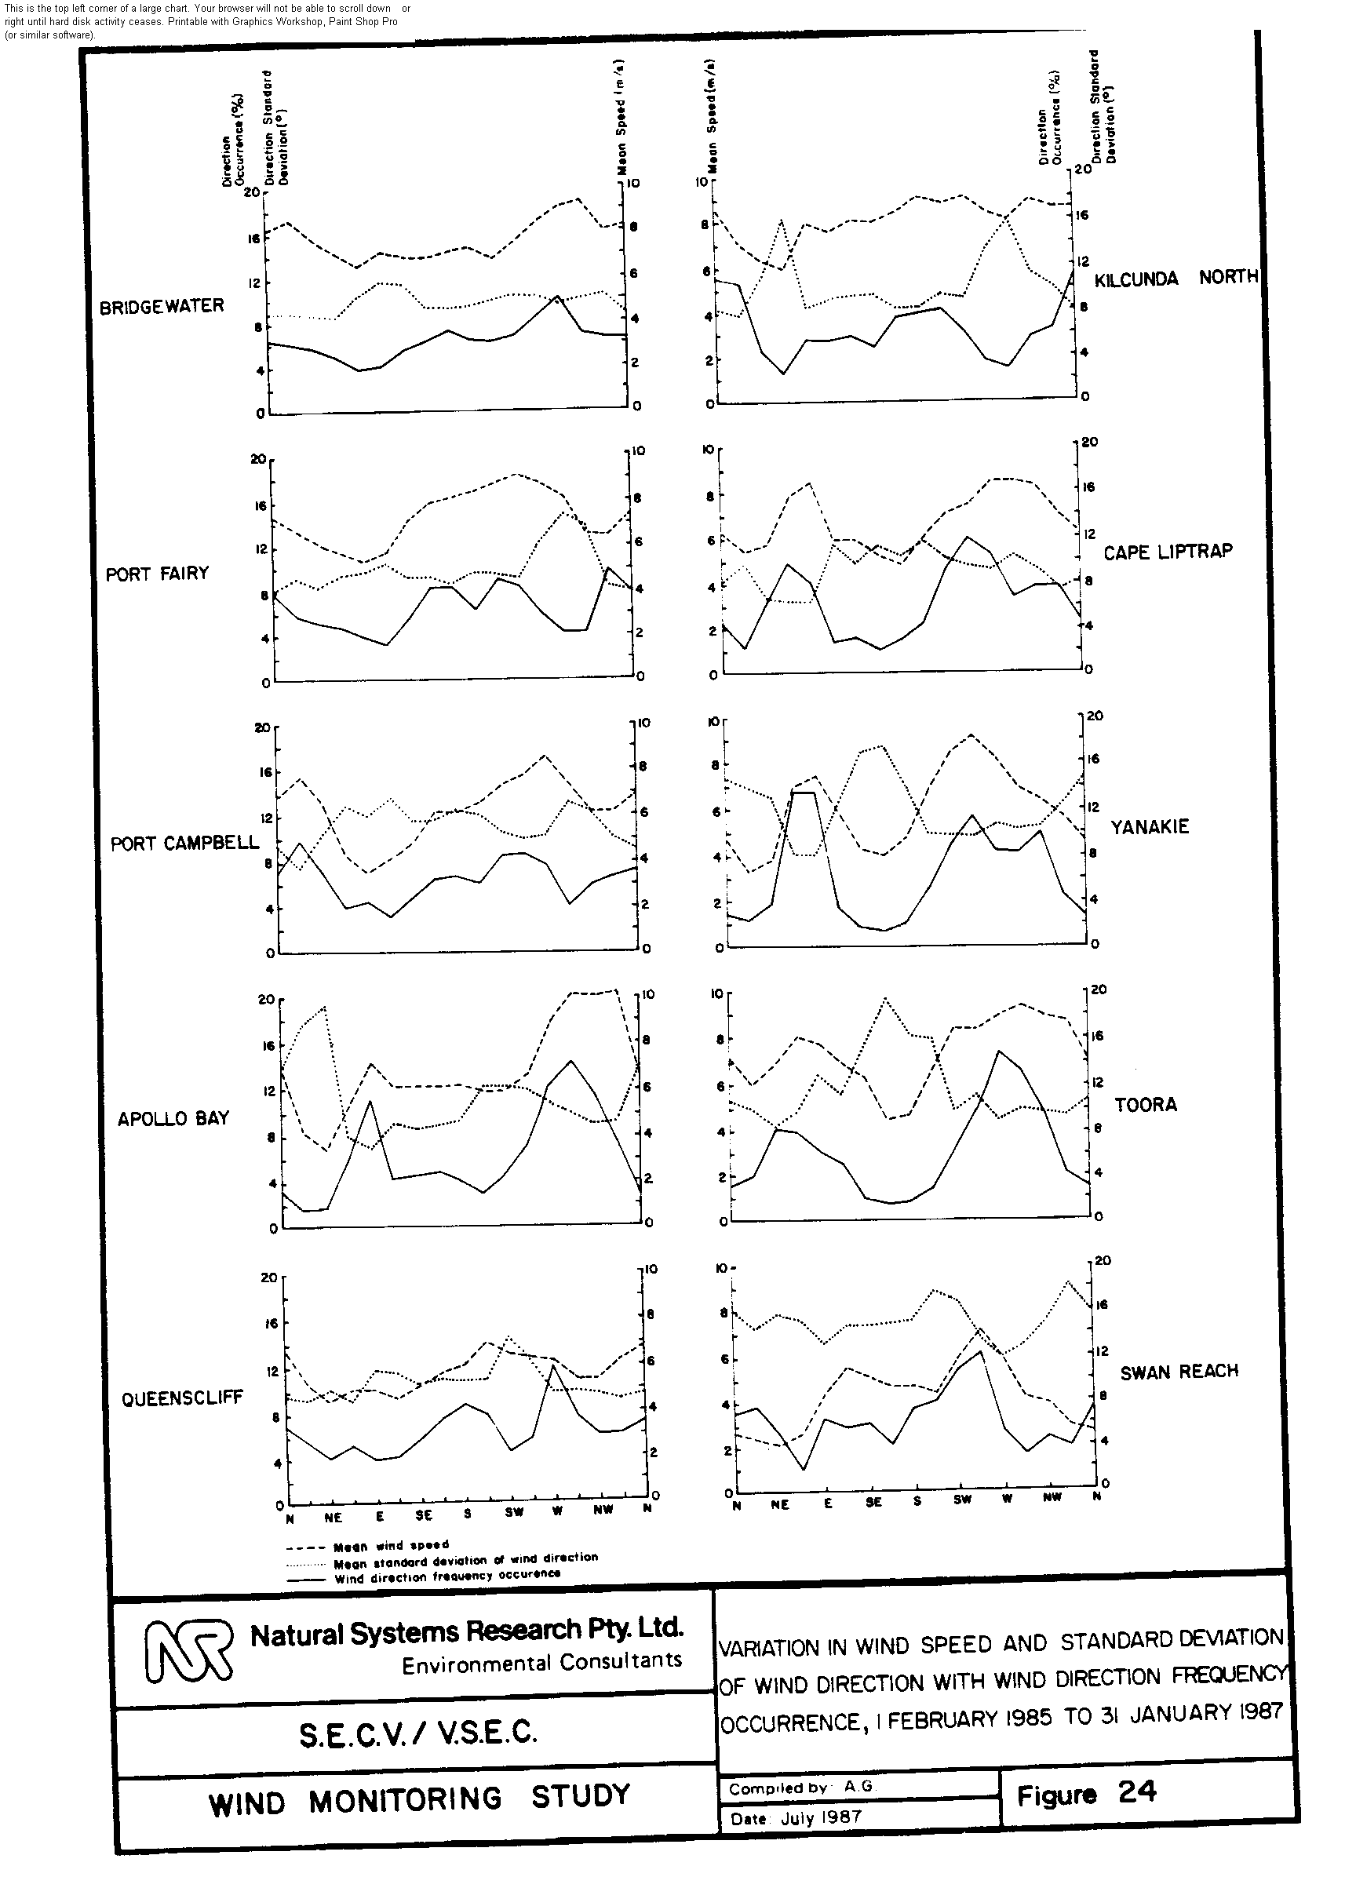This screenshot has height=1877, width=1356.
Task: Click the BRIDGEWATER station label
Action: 162,306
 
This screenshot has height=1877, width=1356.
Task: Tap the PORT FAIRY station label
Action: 156,574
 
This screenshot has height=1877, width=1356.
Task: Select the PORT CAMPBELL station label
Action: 184,844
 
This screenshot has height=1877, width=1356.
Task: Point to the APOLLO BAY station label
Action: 173,1119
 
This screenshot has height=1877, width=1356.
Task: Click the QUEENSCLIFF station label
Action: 182,1398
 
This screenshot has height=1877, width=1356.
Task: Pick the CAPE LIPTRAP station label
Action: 1167,552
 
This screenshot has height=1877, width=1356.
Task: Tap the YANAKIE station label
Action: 1149,827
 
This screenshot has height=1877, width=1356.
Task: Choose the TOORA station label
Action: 1145,1105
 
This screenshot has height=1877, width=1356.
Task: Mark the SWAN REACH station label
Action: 1179,1372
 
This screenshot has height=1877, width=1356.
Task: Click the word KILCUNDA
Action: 1135,279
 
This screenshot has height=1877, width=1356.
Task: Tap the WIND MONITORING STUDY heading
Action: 419,1799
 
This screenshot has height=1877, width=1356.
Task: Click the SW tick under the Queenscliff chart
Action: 513,1511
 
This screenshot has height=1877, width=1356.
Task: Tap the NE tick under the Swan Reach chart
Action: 780,1504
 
